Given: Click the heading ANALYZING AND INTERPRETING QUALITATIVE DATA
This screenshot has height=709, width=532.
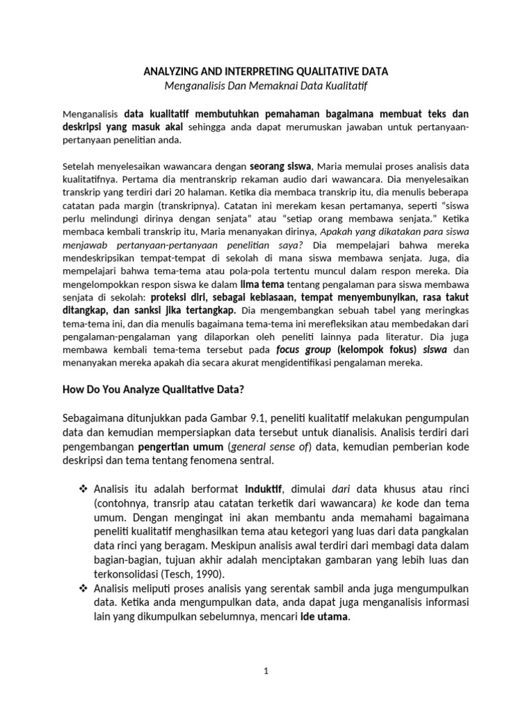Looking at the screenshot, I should pos(265,71).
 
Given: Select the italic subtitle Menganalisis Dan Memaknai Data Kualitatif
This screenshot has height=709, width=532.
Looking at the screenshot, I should pos(265,85).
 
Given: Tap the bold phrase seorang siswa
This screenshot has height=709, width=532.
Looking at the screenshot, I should pos(281,166).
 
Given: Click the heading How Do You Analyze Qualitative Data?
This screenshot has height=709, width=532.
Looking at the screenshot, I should pos(153,390).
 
